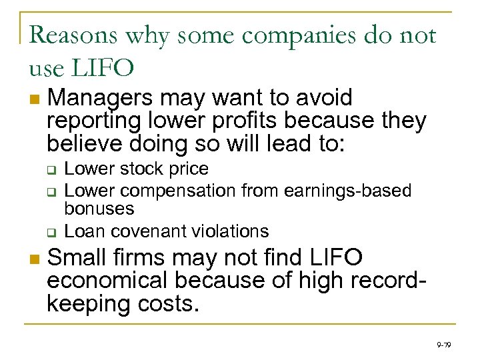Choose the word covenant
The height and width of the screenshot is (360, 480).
[151, 231]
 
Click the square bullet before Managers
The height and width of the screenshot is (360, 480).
[34, 100]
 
